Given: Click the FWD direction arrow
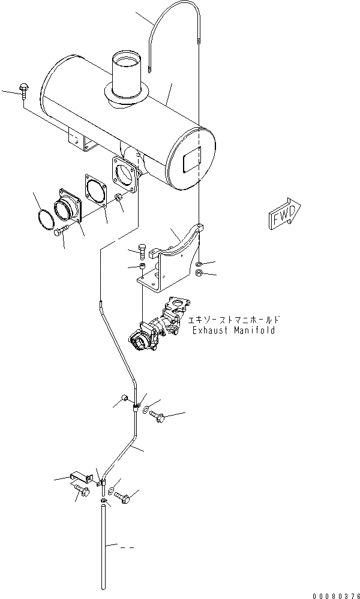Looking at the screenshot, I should point(284,214).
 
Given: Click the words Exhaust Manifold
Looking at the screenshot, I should point(234,330).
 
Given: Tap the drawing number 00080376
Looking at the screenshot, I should point(335,594).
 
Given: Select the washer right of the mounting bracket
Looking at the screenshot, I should point(199,264).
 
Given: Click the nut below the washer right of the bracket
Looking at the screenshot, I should point(199,274).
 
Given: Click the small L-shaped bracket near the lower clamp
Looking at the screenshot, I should point(80,477).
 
